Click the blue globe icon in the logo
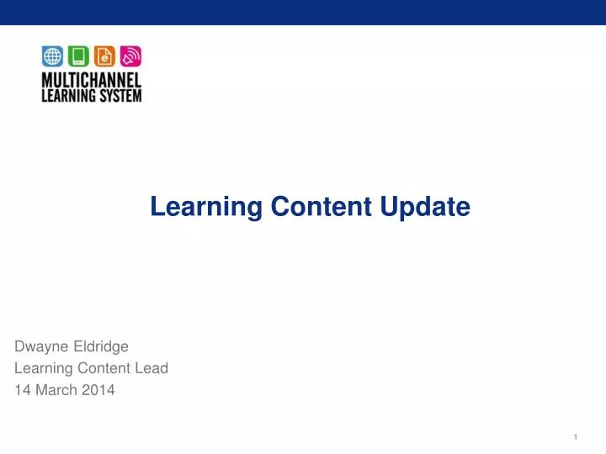[x=52, y=56]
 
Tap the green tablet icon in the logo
[x=78, y=56]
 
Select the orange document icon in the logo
[x=104, y=56]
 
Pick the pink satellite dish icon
[x=130, y=56]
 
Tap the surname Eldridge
[x=102, y=346]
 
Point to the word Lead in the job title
[x=154, y=367]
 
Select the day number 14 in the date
[x=23, y=389]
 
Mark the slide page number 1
[x=575, y=437]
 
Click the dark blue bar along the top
[x=303, y=12]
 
